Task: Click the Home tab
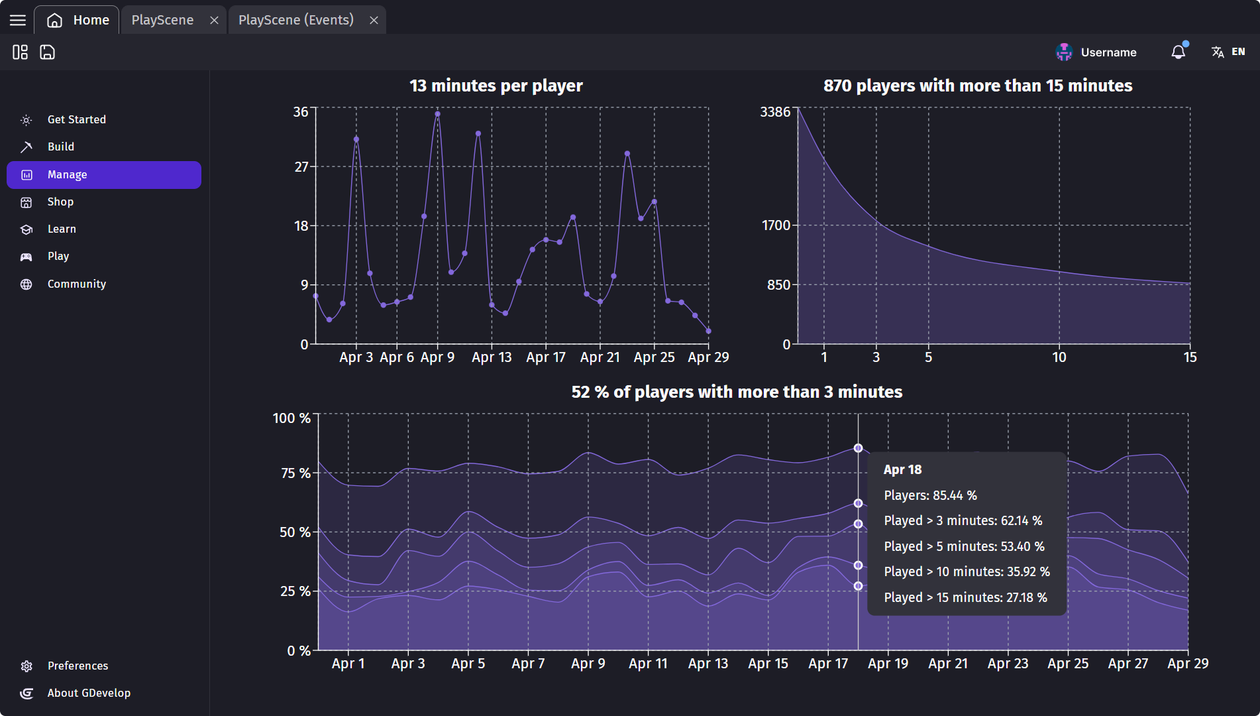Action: coord(78,20)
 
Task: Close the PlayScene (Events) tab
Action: coord(374,20)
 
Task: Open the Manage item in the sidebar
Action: coord(103,175)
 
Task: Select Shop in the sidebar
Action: coord(60,202)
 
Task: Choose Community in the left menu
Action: coord(76,284)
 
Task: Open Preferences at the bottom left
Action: coord(77,666)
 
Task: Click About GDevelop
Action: coord(88,693)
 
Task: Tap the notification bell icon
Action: coord(1178,52)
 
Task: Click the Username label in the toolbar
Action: coord(1108,52)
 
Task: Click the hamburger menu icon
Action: coord(18,20)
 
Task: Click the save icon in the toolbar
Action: coord(47,52)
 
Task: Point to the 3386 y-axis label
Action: coord(775,112)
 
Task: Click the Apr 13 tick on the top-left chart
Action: coord(492,357)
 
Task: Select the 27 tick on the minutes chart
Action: coord(301,166)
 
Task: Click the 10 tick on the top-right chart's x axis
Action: coord(1059,357)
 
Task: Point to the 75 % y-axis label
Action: coord(295,473)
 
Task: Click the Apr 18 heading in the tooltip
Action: coord(902,470)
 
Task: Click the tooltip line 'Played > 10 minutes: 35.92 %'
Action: coord(967,571)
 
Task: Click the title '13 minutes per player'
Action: coord(496,86)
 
